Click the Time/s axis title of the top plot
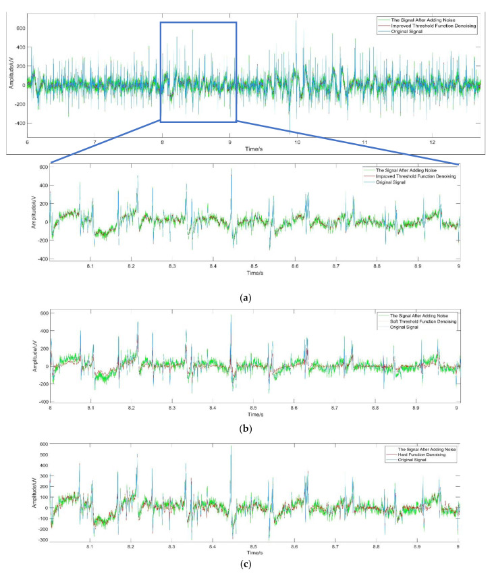(x=254, y=149)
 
